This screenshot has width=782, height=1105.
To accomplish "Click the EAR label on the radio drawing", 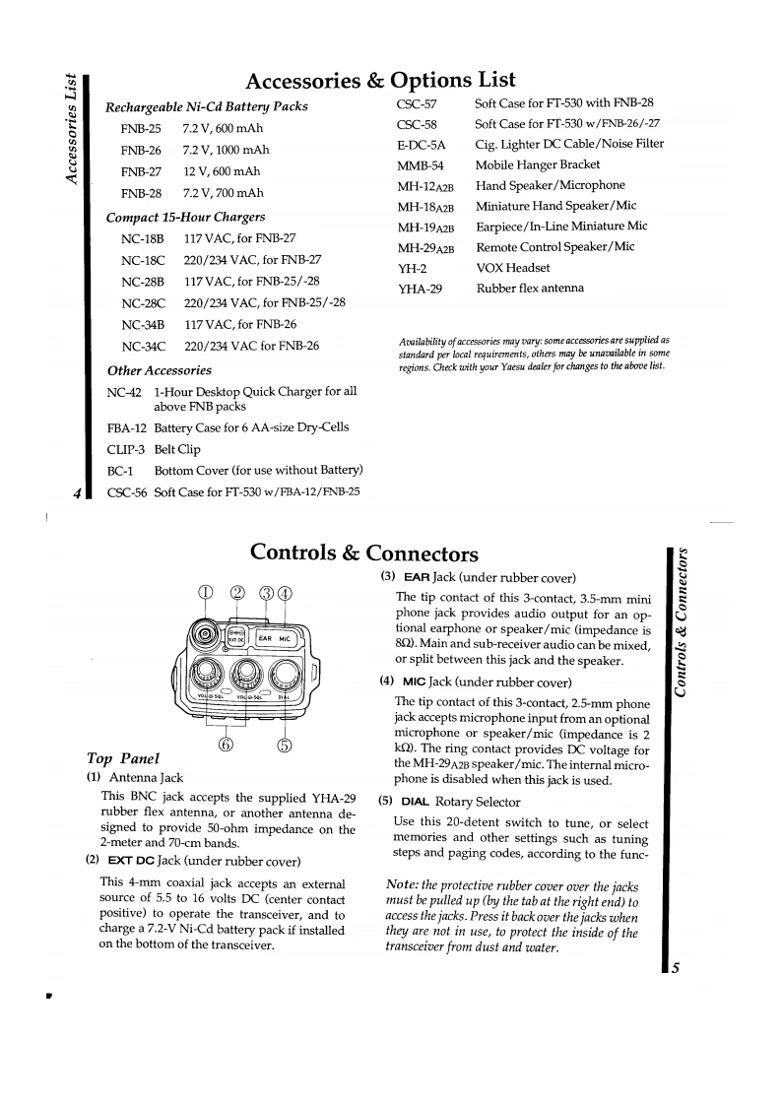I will click(x=265, y=638).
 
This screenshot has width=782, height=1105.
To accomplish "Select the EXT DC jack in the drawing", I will click(x=234, y=637).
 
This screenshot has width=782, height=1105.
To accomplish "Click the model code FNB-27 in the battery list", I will click(x=141, y=171).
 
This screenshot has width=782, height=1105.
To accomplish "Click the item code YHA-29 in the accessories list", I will click(x=420, y=289).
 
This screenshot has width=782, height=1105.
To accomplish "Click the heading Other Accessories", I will click(x=159, y=370).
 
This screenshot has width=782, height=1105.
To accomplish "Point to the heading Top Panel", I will click(x=123, y=758).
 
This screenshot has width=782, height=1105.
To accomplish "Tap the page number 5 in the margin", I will click(x=675, y=968).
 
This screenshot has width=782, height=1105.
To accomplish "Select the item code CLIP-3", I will click(x=125, y=449).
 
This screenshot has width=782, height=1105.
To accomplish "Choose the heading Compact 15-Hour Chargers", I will click(x=185, y=217).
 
